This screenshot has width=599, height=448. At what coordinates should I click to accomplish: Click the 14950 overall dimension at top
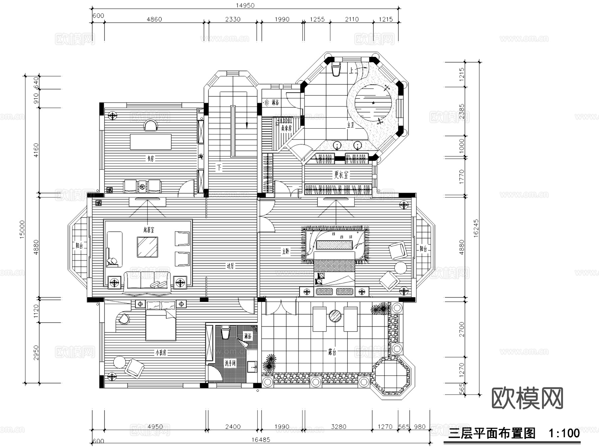coord(245,5)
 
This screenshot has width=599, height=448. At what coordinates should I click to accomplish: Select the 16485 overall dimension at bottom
coord(261,440)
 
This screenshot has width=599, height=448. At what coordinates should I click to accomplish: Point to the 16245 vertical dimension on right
coord(476,227)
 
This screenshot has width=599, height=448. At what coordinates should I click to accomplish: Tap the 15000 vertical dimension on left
coord(22,229)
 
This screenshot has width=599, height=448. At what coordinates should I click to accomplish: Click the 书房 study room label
coord(150,159)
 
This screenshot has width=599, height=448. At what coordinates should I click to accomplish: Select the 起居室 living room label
coord(148,230)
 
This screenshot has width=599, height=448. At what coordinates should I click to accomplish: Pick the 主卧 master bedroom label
coord(285,251)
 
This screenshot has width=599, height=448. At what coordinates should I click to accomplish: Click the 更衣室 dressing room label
coord(341,175)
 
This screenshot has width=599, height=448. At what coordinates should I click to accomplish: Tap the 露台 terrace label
coord(332,352)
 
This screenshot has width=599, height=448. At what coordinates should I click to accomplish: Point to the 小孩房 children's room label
coord(160,353)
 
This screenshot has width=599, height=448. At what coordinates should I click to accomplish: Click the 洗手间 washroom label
coord(230,363)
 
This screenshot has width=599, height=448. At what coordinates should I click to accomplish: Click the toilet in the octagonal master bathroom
coord(336,69)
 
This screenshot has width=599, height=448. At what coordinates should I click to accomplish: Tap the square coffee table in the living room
coord(147,247)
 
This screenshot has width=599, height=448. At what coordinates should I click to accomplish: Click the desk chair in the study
coord(150,126)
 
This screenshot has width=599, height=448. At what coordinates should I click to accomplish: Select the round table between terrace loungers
coord(335,316)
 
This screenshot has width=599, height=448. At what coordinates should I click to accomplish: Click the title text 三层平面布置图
coord(492,433)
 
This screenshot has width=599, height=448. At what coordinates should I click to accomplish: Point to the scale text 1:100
coord(564,433)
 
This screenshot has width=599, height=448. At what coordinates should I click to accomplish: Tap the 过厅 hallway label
coord(230,266)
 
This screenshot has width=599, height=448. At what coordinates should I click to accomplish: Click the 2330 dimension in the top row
coord(233,19)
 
